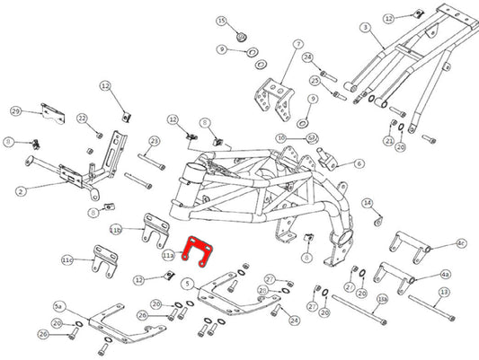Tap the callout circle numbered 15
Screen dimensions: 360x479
tap(221, 21)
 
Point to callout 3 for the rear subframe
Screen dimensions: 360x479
tap(365, 28)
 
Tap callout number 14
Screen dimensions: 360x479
tap(367, 203)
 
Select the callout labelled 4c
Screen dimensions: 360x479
tap(461, 242)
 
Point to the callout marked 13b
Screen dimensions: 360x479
tap(382, 299)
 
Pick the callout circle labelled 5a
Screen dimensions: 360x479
tap(59, 306)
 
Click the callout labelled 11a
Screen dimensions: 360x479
tap(168, 255)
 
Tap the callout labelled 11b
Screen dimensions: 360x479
tap(115, 230)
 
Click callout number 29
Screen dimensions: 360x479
tap(15, 110)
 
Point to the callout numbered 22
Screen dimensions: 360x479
tap(82, 119)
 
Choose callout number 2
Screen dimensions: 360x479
tap(20, 189)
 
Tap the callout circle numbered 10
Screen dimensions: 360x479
tap(280, 137)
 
